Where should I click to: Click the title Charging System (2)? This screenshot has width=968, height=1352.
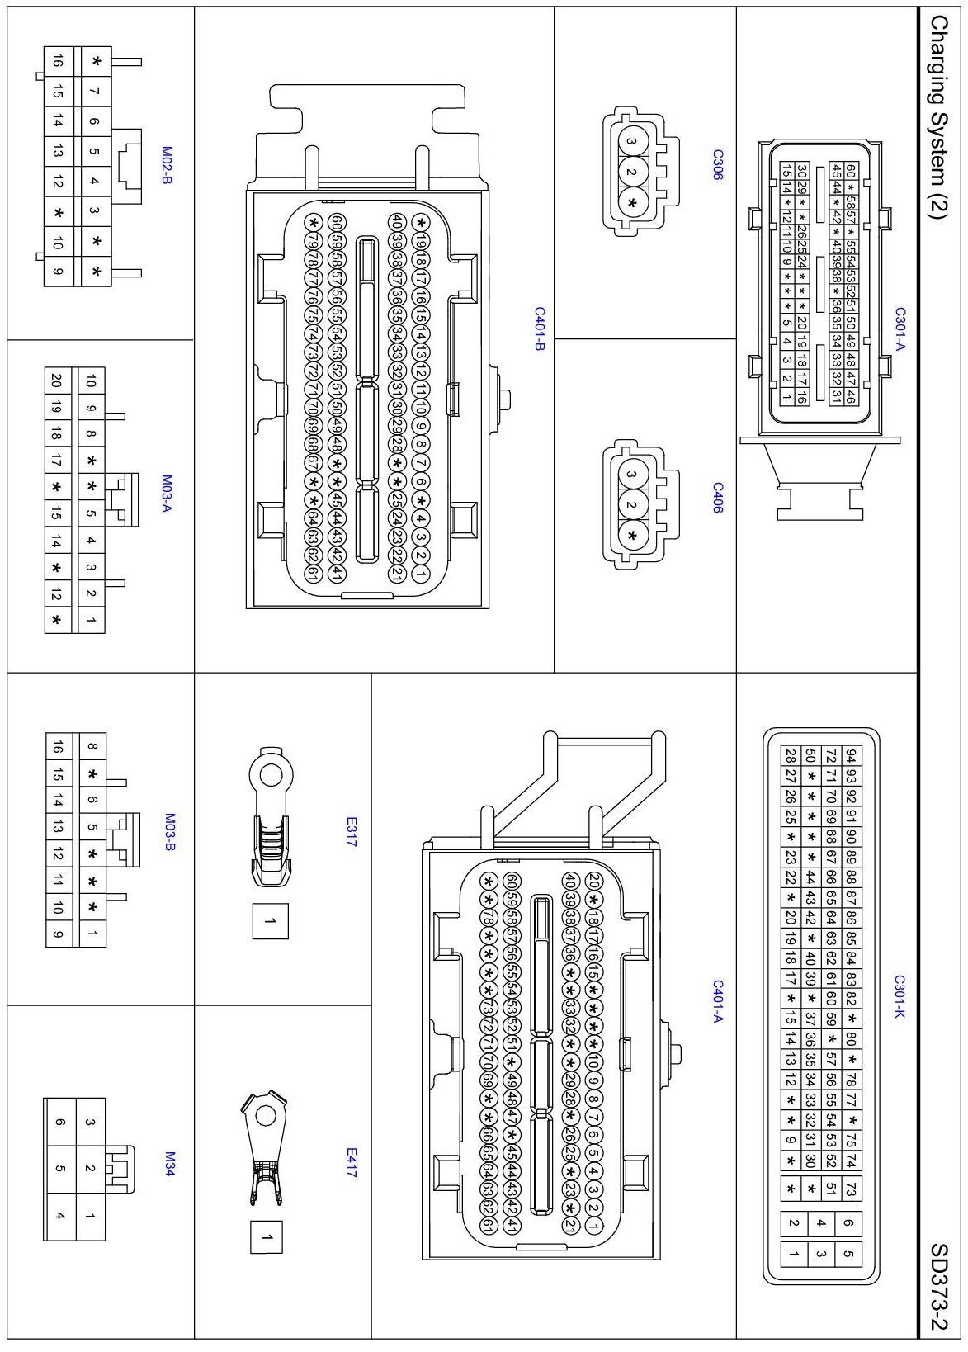(x=938, y=116)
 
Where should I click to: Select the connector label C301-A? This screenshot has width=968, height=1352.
(x=900, y=329)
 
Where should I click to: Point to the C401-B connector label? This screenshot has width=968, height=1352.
(x=539, y=329)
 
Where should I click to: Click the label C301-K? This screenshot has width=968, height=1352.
(x=900, y=996)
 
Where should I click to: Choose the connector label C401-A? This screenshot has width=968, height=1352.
(x=717, y=1001)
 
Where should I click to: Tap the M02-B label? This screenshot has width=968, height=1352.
(x=168, y=165)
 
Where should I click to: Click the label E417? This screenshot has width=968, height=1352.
(x=352, y=1162)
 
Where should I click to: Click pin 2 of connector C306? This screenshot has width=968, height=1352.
(x=631, y=172)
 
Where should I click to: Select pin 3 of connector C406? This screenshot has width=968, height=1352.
(x=631, y=475)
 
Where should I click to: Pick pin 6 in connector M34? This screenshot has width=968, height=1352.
(x=60, y=1122)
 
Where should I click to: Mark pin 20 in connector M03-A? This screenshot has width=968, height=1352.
(x=56, y=381)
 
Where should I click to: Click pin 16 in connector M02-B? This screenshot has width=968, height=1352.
(x=58, y=61)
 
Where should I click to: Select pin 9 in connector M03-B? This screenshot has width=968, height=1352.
(x=58, y=934)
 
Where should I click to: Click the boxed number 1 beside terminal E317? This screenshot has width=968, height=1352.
(x=270, y=921)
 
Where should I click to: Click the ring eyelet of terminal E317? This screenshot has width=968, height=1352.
(x=270, y=774)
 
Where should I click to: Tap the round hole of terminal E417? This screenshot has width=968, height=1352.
(x=265, y=1116)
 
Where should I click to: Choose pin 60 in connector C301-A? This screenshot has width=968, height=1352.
(x=851, y=171)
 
